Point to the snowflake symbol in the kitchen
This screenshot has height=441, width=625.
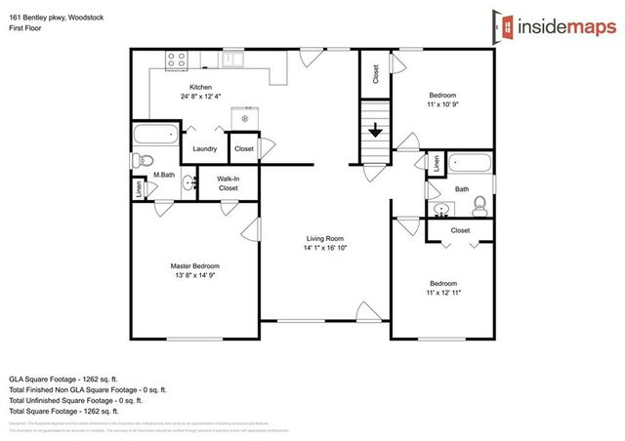pos(245,119)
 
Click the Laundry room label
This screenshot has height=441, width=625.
pos(204,149)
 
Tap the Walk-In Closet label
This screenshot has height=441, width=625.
pos(228,182)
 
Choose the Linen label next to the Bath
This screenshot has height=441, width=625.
pos(436,163)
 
